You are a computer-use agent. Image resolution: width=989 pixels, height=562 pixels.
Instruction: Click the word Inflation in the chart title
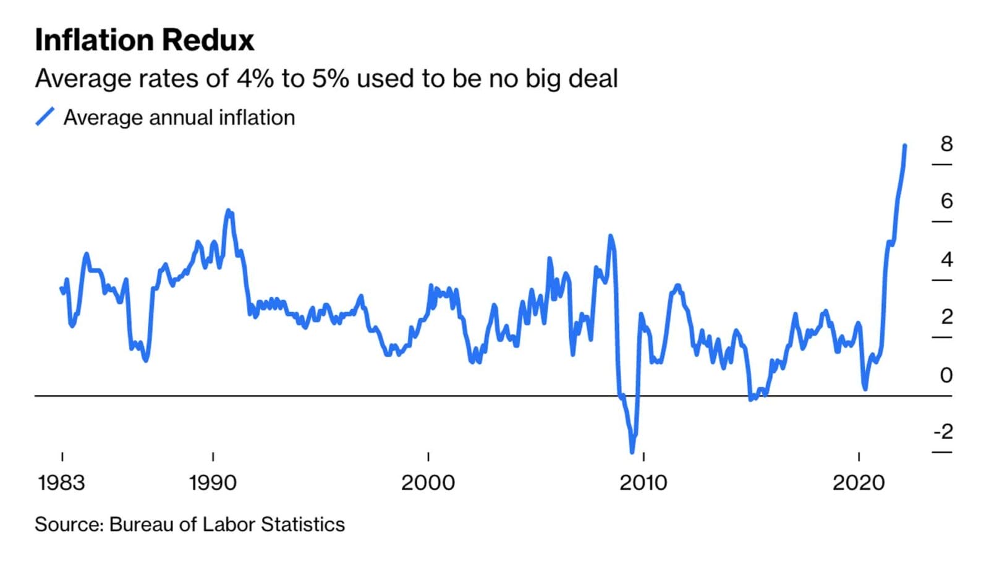(x=93, y=40)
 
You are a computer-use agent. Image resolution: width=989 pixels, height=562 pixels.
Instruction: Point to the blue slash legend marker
(x=45, y=117)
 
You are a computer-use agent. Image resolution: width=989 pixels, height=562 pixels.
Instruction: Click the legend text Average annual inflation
(x=179, y=117)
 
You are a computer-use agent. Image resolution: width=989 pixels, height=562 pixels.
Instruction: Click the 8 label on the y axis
(x=946, y=144)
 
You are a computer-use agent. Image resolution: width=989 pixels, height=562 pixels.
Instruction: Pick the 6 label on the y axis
(x=946, y=201)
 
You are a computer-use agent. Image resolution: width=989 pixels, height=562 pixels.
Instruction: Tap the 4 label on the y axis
(x=946, y=259)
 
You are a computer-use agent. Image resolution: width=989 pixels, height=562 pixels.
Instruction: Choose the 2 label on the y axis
(x=946, y=317)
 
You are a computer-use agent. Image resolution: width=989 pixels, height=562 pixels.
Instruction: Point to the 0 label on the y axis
(x=946, y=375)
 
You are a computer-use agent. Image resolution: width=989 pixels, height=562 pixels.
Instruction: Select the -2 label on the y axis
(x=943, y=432)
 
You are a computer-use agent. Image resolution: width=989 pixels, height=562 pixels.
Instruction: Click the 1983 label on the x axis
(x=61, y=482)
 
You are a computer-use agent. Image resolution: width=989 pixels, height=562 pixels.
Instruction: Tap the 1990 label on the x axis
(x=213, y=482)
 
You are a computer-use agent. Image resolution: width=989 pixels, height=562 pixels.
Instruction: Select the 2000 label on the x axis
(x=428, y=482)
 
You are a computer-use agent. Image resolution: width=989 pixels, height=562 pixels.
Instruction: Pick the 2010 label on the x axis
(x=643, y=482)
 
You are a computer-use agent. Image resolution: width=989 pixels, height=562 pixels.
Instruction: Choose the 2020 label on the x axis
(x=859, y=482)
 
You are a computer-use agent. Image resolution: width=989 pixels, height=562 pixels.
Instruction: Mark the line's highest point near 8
(x=905, y=146)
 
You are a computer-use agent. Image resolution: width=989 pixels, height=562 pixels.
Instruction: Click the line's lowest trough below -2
(x=632, y=452)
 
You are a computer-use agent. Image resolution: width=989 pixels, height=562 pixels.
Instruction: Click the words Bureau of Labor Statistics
(x=227, y=524)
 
